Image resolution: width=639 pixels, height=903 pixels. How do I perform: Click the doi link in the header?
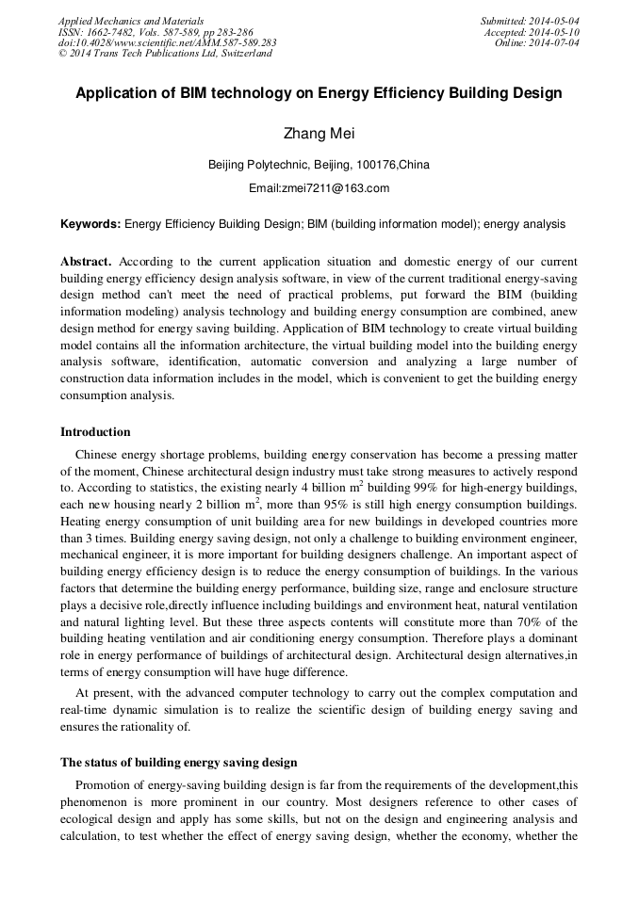[167, 42]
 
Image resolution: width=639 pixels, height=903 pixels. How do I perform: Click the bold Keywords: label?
[90, 224]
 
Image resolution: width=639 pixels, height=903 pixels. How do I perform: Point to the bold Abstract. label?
[86, 261]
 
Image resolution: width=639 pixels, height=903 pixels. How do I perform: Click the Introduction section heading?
[95, 432]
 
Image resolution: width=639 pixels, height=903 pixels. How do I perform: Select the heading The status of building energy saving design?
[178, 762]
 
